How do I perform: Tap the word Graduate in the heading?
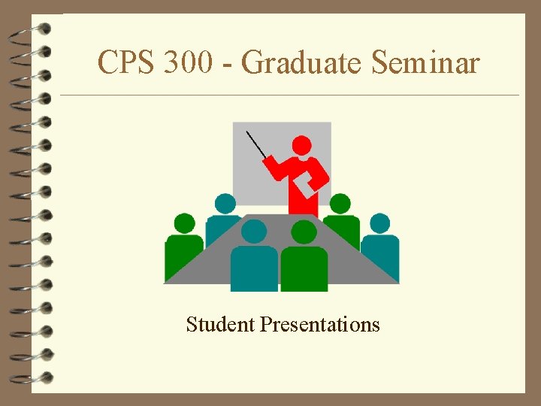[x=304, y=63]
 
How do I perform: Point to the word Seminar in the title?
[x=425, y=63]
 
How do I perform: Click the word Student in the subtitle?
[x=221, y=325]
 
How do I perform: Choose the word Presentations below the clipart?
[x=320, y=325]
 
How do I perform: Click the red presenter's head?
[x=301, y=145]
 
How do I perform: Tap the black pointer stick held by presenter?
[x=256, y=144]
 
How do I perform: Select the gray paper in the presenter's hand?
[x=305, y=185]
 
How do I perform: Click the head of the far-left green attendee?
[x=184, y=223]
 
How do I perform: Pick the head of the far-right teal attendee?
[x=380, y=223]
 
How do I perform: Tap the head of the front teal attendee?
[x=254, y=232]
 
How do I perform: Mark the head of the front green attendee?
[x=304, y=232]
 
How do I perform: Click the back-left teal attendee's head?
[x=225, y=203]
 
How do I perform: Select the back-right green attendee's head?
[x=340, y=203]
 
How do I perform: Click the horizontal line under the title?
[x=289, y=95]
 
